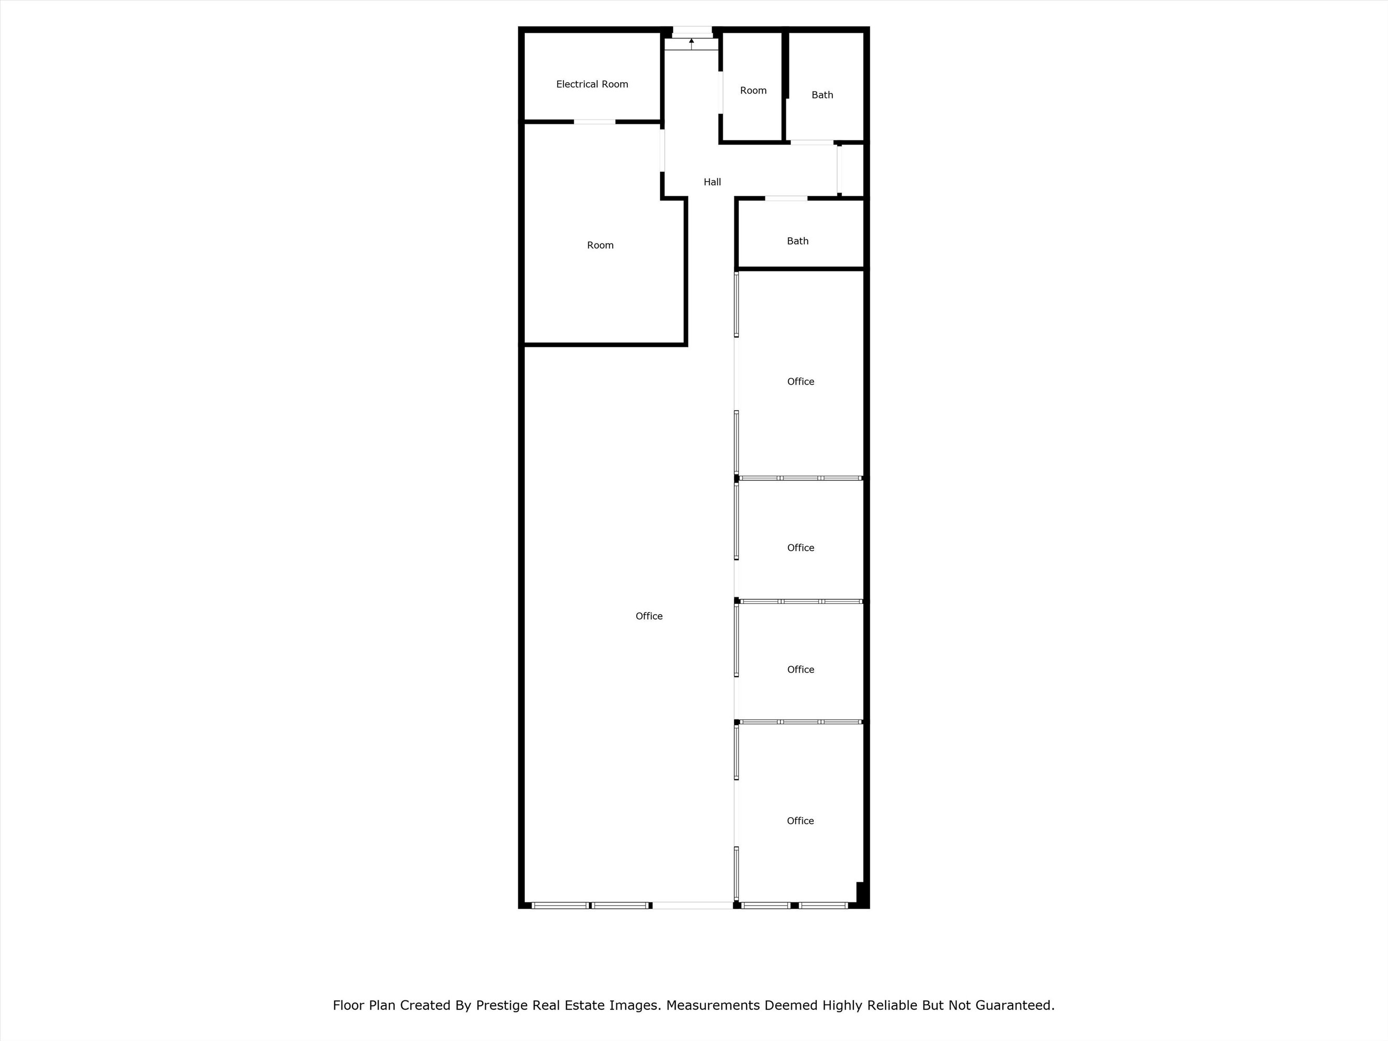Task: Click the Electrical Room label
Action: coord(592,84)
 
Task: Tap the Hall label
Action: coord(712,182)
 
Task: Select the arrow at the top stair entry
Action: coord(691,43)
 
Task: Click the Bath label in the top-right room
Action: coord(822,95)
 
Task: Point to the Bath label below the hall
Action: coord(798,241)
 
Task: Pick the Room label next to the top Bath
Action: coord(753,91)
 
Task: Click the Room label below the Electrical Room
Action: coord(600,245)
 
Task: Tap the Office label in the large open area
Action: coord(649,616)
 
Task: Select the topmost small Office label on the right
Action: coord(801,382)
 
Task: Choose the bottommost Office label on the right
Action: coord(800,821)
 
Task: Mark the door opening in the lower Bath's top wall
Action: coord(786,198)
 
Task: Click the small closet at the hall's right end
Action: coord(852,170)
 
